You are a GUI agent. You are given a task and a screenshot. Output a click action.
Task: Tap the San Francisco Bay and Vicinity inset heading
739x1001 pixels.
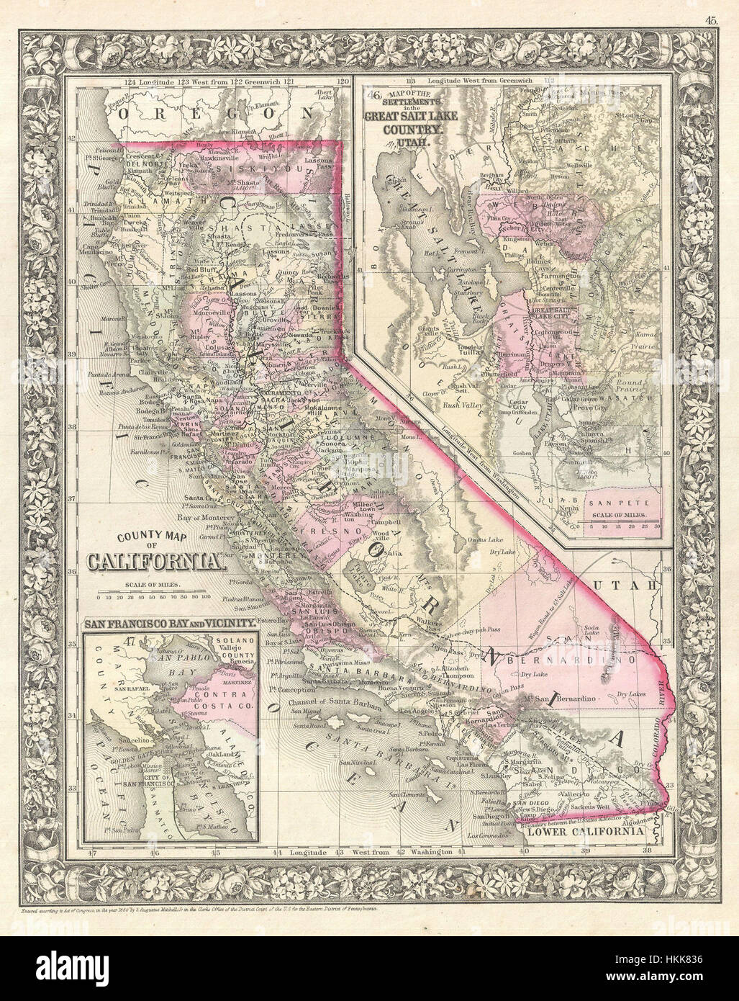click(x=168, y=621)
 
